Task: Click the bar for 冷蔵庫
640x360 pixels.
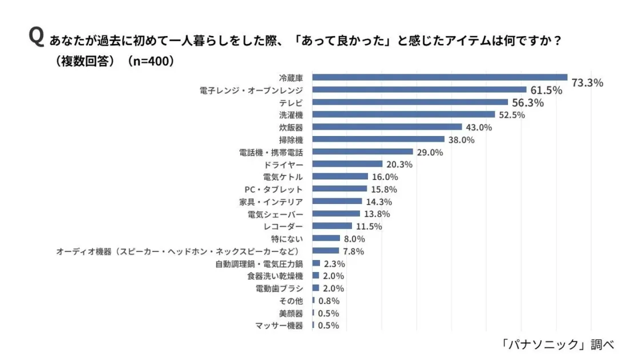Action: [439, 77]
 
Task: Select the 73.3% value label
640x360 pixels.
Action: [587, 83]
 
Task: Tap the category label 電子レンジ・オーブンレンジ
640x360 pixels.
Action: [251, 90]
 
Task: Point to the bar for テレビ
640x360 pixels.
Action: [410, 102]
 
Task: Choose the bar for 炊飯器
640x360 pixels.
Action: [387, 127]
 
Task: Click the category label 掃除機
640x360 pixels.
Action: [291, 139]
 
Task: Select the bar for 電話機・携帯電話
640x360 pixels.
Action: [362, 152]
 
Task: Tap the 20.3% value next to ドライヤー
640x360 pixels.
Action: [399, 165]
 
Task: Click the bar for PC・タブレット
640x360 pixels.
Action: [339, 189]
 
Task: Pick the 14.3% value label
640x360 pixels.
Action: [378, 202]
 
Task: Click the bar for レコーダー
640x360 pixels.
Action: [332, 226]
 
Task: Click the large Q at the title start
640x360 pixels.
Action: [36, 38]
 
